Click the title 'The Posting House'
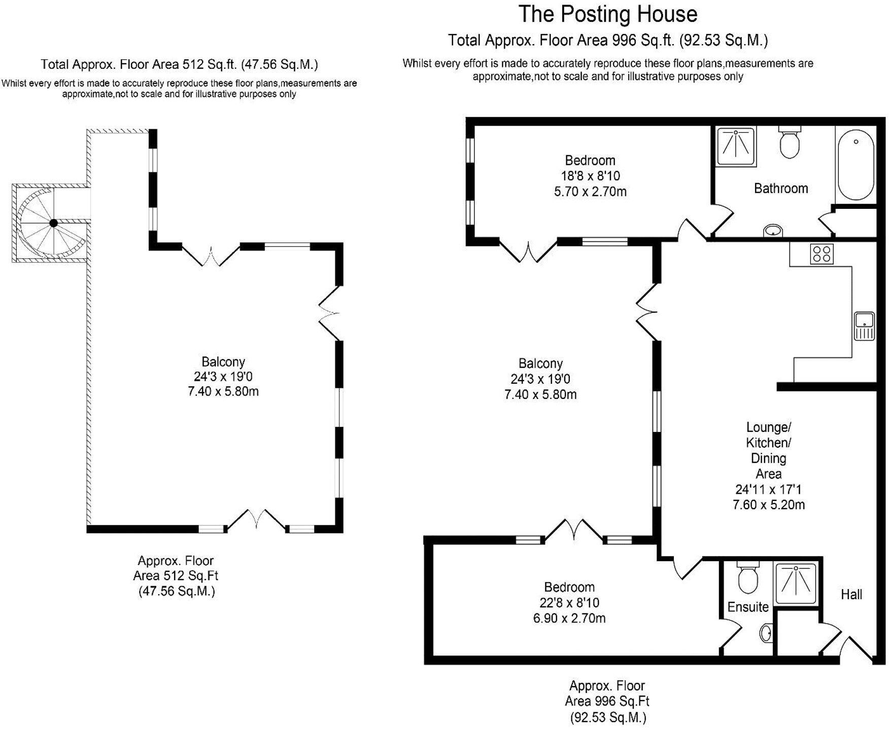(607, 14)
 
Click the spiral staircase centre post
(53, 223)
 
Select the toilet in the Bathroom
(789, 143)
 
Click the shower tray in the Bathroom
(735, 147)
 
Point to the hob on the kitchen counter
(822, 253)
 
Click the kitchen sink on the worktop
(864, 326)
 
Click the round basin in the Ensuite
(766, 633)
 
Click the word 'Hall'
(851, 594)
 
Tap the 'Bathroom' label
(780, 189)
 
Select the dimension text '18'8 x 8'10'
(590, 176)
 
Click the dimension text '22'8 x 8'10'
(569, 603)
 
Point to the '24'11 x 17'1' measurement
(768, 490)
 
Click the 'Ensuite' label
(747, 607)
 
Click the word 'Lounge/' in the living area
(768, 427)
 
